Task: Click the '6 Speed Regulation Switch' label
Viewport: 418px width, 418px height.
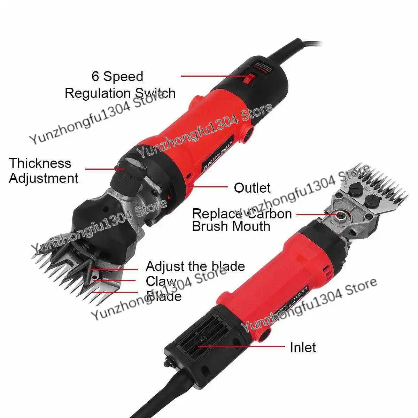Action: pyautogui.click(x=120, y=85)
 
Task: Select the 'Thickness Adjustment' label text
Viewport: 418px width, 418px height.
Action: pyautogui.click(x=44, y=171)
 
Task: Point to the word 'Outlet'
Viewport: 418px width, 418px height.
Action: pyautogui.click(x=252, y=188)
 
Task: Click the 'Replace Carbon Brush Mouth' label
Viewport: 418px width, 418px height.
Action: pyautogui.click(x=242, y=220)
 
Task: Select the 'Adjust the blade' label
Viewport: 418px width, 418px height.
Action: pyautogui.click(x=195, y=266)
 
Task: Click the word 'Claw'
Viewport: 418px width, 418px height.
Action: pyautogui.click(x=161, y=281)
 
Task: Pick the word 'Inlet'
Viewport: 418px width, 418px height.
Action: pyautogui.click(x=303, y=347)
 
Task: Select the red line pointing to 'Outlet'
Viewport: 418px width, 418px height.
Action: pyautogui.click(x=209, y=187)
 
